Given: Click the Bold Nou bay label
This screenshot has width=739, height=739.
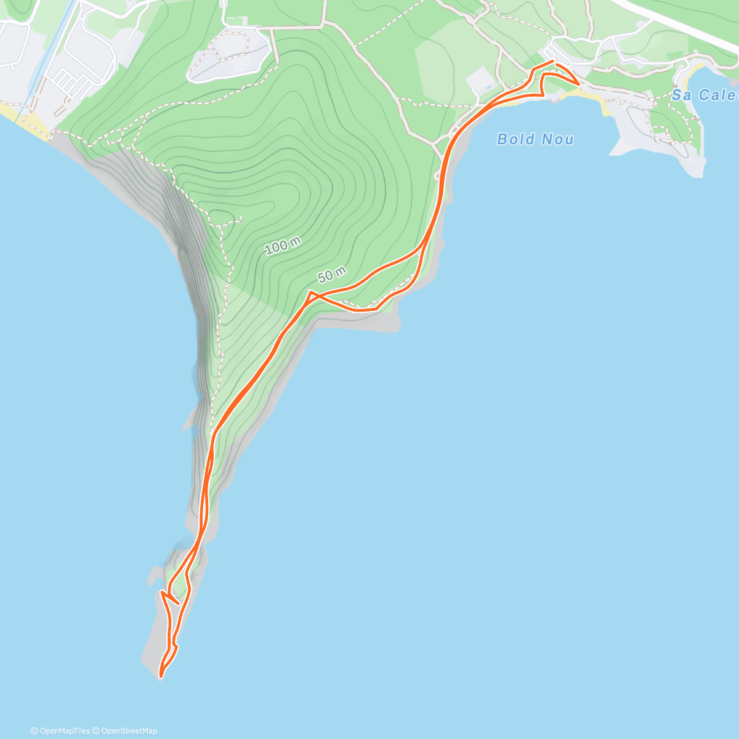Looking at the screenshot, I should click(x=535, y=139).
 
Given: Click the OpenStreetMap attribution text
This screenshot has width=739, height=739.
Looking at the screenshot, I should click(x=129, y=731).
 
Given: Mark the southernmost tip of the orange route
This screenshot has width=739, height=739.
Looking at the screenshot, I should click(x=161, y=677).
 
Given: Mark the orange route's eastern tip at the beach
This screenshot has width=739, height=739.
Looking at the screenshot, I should click(x=578, y=83).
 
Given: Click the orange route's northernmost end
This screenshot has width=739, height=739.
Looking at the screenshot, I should click(x=552, y=61).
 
